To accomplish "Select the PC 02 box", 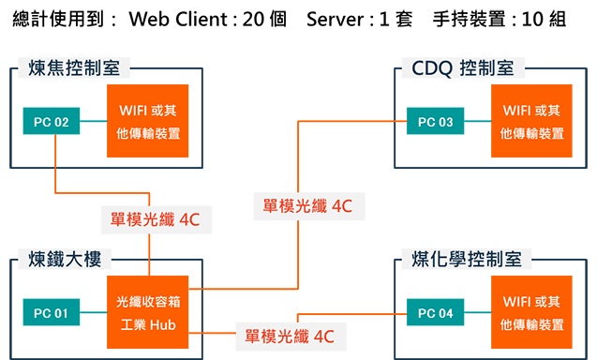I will (52, 121).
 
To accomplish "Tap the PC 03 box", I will (434, 121).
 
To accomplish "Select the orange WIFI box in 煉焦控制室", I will (148, 121).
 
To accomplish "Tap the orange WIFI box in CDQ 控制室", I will (531, 121).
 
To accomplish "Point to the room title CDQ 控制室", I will (463, 68).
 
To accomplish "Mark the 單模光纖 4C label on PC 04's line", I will (289, 335).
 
